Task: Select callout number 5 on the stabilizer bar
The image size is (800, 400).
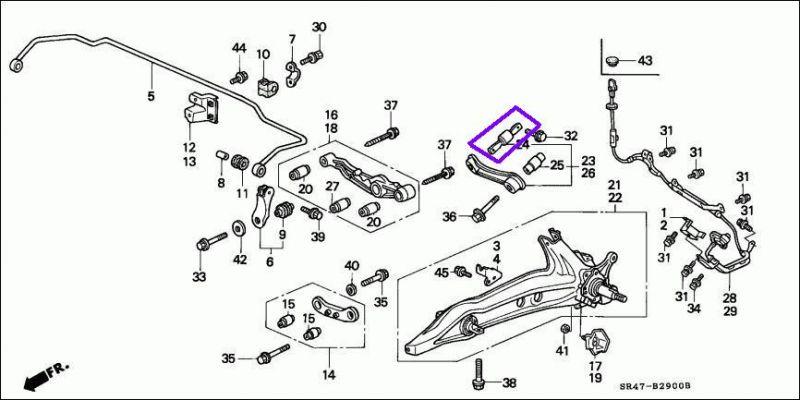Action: [152, 97]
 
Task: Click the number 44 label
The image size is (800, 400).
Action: [239, 48]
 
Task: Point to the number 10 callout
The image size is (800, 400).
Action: [263, 54]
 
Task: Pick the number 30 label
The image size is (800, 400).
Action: [319, 26]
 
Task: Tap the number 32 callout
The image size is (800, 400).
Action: [571, 135]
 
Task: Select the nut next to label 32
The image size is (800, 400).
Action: [540, 135]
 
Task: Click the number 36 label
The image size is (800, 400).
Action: [450, 216]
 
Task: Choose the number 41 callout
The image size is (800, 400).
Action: [562, 351]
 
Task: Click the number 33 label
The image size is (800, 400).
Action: [199, 277]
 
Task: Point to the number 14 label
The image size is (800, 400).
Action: [328, 376]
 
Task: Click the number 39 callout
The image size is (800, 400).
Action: [318, 237]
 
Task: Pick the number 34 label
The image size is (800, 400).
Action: [694, 309]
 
